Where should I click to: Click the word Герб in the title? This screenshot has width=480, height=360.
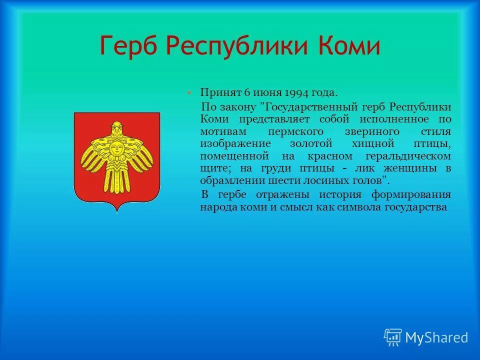(x=128, y=46)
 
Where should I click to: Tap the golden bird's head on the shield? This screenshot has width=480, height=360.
(x=117, y=128)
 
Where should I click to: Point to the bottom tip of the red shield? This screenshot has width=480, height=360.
(x=117, y=212)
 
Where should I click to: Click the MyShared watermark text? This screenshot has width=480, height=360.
(x=436, y=337)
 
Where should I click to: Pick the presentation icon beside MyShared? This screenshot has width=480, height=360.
(x=393, y=337)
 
